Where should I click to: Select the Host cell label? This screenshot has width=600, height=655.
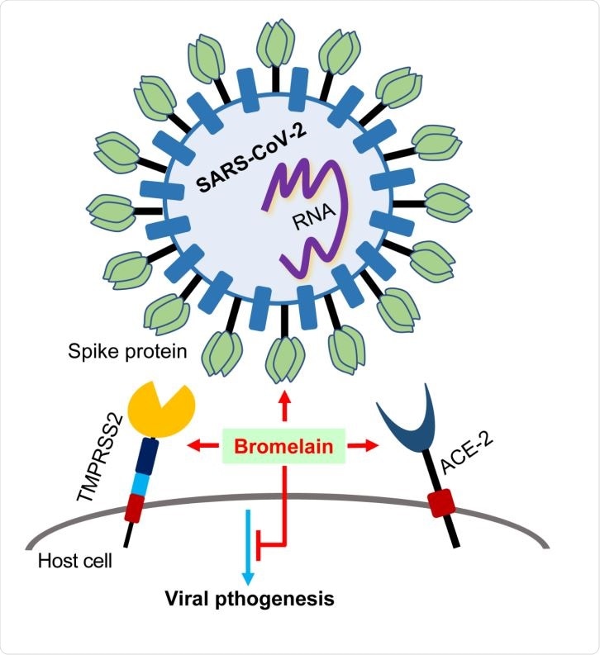75,562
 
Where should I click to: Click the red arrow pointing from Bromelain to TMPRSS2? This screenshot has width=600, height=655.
205,447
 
